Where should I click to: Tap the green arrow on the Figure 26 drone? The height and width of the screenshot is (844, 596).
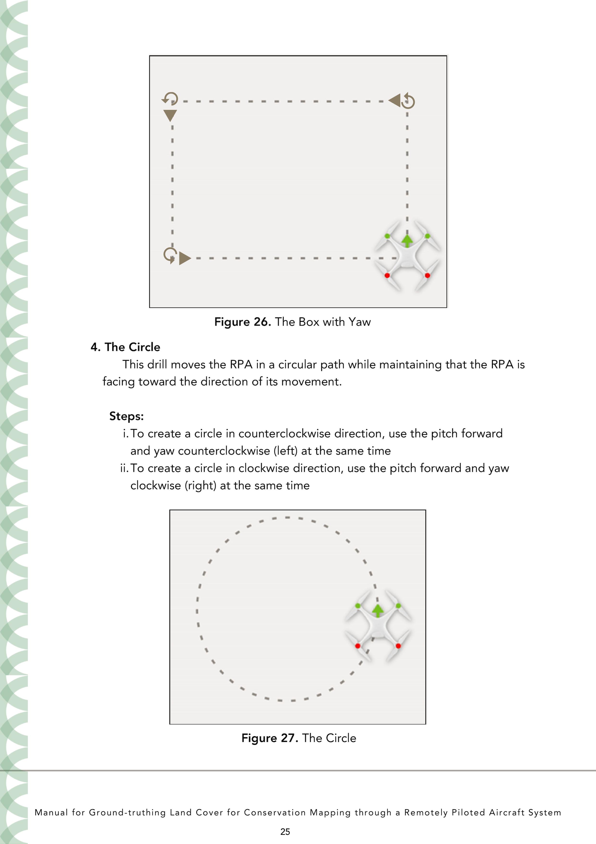(407, 241)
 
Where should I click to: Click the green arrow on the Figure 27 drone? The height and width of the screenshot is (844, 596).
(377, 611)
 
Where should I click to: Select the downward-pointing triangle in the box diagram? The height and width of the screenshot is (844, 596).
(170, 115)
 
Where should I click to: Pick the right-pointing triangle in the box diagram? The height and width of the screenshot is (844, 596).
(185, 258)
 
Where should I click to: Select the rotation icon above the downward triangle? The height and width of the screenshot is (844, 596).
(170, 99)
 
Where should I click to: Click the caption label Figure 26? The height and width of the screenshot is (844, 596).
(243, 322)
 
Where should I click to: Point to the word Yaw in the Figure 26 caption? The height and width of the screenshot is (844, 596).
(360, 322)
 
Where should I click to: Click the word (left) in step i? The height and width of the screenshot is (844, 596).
(285, 451)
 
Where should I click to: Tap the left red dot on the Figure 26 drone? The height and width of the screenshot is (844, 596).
(387, 275)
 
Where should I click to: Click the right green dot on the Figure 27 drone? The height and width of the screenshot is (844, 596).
(399, 605)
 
